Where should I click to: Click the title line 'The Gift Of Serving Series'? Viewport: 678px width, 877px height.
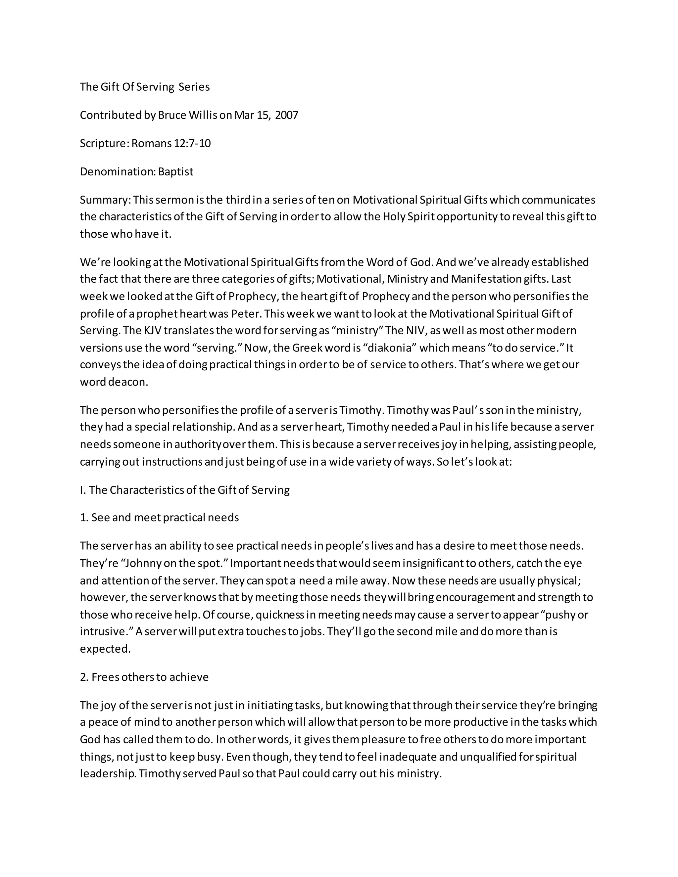pyautogui.click(x=145, y=87)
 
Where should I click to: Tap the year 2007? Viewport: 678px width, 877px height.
pyautogui.click(x=286, y=115)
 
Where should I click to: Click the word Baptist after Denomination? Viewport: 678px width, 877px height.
pyautogui.click(x=175, y=171)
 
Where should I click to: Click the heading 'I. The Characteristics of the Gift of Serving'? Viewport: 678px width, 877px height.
pyautogui.click(x=185, y=490)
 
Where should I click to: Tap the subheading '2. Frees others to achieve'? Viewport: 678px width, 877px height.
pyautogui.click(x=144, y=677)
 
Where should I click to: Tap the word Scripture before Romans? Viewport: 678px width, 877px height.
pyautogui.click(x=104, y=143)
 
